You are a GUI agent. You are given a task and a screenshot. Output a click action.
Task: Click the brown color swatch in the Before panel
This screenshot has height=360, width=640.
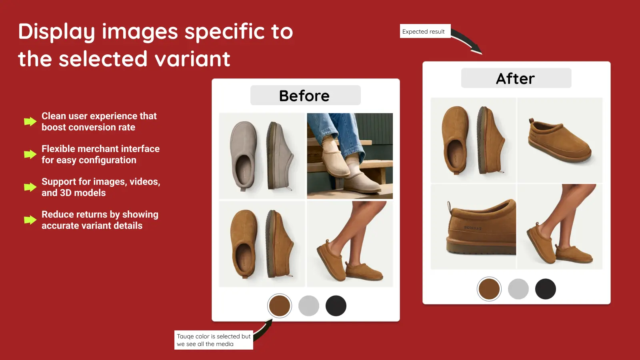point(279,306)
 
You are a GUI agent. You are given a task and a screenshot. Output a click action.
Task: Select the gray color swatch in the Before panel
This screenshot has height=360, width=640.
point(308,306)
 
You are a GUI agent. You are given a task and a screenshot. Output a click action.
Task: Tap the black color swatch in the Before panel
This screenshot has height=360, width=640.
point(336,306)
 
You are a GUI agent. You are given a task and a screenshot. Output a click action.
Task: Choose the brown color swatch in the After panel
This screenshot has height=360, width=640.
point(489,289)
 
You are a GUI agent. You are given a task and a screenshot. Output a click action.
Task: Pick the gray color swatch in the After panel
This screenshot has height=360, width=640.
point(518,289)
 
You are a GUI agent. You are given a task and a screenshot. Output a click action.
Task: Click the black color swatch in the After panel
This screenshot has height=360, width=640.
point(545,289)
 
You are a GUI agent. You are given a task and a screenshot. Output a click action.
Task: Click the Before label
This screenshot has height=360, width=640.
point(305,96)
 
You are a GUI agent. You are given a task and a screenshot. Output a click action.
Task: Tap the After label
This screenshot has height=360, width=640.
point(516,78)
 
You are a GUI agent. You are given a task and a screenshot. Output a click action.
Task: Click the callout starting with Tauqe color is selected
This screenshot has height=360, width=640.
point(214,340)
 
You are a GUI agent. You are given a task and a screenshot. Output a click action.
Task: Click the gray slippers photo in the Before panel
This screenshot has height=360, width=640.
point(262,156)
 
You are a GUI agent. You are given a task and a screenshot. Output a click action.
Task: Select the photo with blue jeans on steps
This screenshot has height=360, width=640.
point(350,156)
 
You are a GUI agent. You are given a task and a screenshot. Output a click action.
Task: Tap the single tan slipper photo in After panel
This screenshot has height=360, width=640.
point(560,140)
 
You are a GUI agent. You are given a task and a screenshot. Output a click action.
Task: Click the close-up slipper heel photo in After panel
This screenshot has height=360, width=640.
point(473,226)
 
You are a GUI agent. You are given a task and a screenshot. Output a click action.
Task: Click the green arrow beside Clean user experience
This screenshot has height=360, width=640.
point(30,122)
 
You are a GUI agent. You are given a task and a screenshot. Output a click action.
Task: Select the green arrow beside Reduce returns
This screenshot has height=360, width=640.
point(30,220)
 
